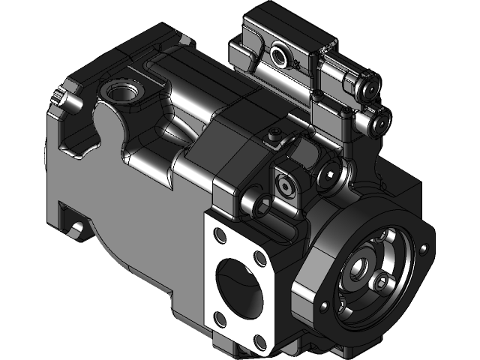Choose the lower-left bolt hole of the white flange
pos(221,321)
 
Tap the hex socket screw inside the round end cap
pos(383,283)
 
